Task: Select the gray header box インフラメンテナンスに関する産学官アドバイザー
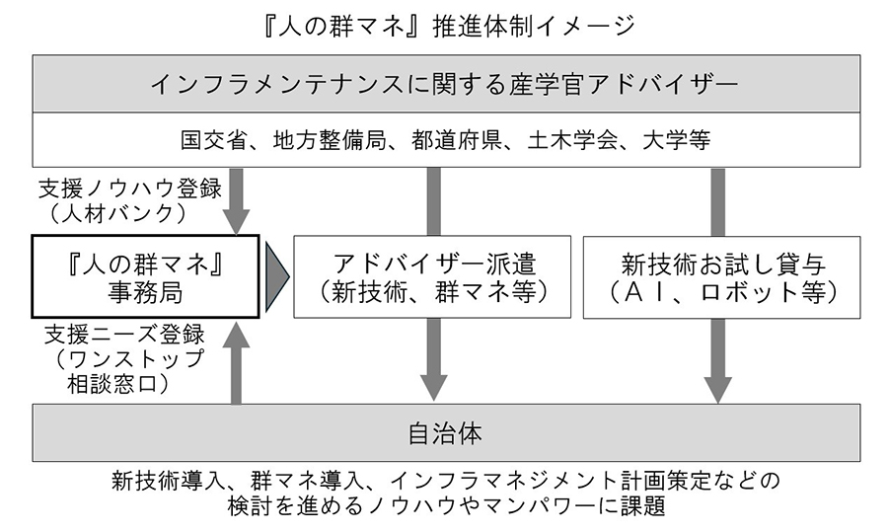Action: coord(444,84)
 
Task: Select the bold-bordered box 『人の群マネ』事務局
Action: coord(145,276)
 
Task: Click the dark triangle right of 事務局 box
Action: coord(276,276)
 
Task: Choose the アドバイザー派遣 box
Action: coord(432,276)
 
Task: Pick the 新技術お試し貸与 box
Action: coord(721,276)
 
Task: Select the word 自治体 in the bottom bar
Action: coord(444,433)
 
